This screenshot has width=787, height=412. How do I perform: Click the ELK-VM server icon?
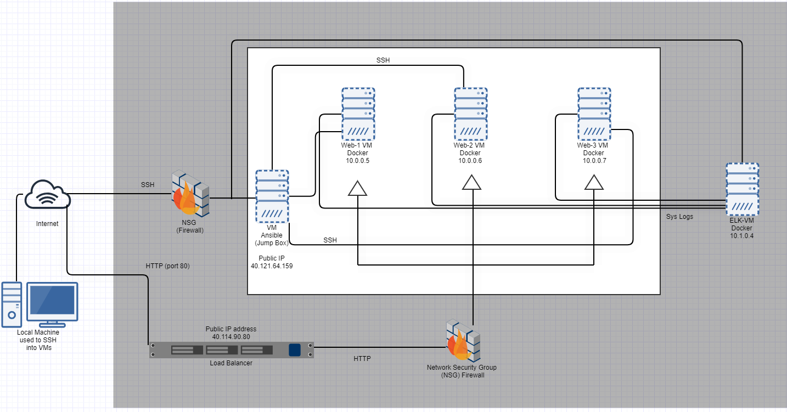tap(743, 189)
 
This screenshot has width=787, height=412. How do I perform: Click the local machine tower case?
tap(12, 304)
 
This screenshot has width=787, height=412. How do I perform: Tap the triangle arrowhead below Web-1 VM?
tap(357, 188)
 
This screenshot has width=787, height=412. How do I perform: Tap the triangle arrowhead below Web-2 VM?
tap(471, 182)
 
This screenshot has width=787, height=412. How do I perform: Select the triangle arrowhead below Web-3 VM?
tap(594, 182)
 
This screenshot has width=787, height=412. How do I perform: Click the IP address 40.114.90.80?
tap(231, 337)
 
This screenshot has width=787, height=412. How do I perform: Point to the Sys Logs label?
tap(679, 217)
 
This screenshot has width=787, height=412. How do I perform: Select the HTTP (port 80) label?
tap(167, 266)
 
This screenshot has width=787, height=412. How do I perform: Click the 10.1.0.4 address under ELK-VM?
tap(742, 236)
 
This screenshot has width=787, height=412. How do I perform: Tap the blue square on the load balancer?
tap(295, 350)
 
